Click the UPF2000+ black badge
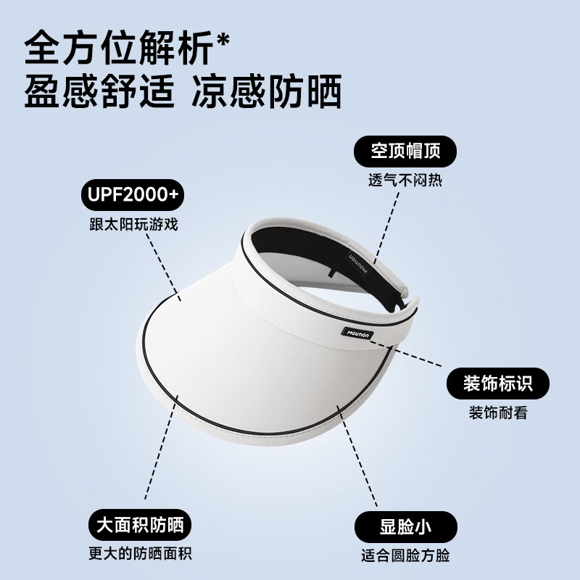coord(131,194)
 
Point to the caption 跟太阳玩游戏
coord(130,224)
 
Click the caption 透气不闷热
coord(405,181)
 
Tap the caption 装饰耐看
coord(497,413)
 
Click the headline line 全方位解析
coord(116,51)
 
